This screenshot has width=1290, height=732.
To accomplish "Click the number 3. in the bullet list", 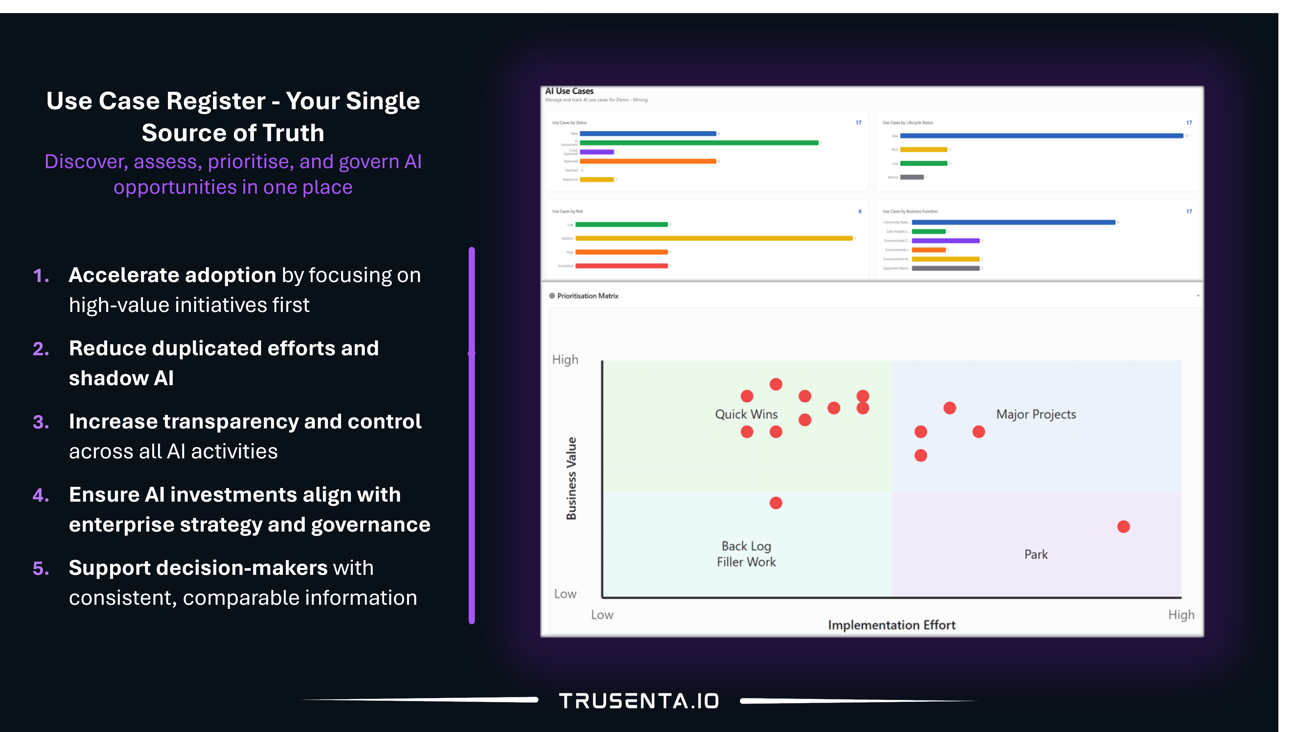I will tap(41, 422).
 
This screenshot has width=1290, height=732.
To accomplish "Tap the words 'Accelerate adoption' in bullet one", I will tap(172, 275).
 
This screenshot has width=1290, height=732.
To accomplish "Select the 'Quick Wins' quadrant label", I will tap(746, 414).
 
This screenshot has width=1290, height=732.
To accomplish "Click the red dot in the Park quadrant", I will tap(1124, 526).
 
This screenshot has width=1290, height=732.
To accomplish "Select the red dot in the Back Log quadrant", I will tap(776, 503).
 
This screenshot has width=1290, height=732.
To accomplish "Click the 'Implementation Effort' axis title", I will tap(891, 625).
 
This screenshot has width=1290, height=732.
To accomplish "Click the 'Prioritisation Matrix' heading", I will tap(587, 296).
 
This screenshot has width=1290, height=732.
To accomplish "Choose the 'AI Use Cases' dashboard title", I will tap(569, 91).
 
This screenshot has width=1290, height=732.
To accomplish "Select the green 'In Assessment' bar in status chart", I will tap(699, 143).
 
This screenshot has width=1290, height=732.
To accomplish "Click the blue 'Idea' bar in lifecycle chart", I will tap(1041, 136).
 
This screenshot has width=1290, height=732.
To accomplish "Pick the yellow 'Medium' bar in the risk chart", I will tap(714, 238).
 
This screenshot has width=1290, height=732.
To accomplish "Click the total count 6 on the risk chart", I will tap(860, 211).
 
